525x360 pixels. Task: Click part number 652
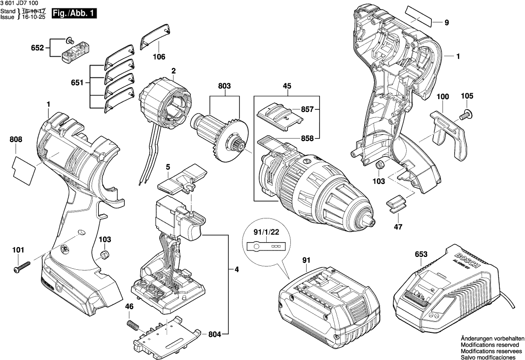click(37, 48)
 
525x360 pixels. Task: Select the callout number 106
click(158, 57)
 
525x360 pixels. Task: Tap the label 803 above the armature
click(224, 86)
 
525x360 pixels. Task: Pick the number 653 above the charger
click(421, 254)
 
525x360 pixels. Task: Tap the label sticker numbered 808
click(23, 167)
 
